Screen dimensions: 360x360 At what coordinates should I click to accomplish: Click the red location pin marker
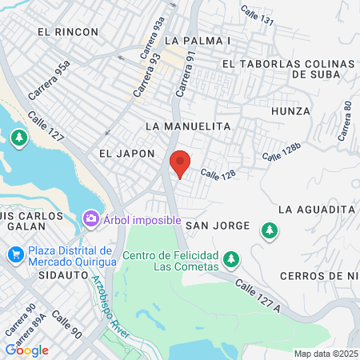pos(181,162)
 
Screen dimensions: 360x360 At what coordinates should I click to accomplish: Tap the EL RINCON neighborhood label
pos(67,32)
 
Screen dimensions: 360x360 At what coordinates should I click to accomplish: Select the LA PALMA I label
pos(197,39)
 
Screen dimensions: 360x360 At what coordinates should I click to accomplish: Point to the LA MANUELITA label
pos(188,126)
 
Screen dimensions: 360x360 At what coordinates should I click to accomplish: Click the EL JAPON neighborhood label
pos(126,152)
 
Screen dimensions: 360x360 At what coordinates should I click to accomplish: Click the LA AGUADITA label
pos(316,209)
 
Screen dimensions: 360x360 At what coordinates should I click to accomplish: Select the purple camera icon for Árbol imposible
pos(91,218)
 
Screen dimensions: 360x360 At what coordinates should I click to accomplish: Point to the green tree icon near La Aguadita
pos(270,230)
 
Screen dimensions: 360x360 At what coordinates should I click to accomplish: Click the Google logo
pos(26,350)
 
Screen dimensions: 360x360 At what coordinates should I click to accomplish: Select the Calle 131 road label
pos(258,14)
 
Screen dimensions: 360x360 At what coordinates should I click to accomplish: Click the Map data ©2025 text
pos(325,354)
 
